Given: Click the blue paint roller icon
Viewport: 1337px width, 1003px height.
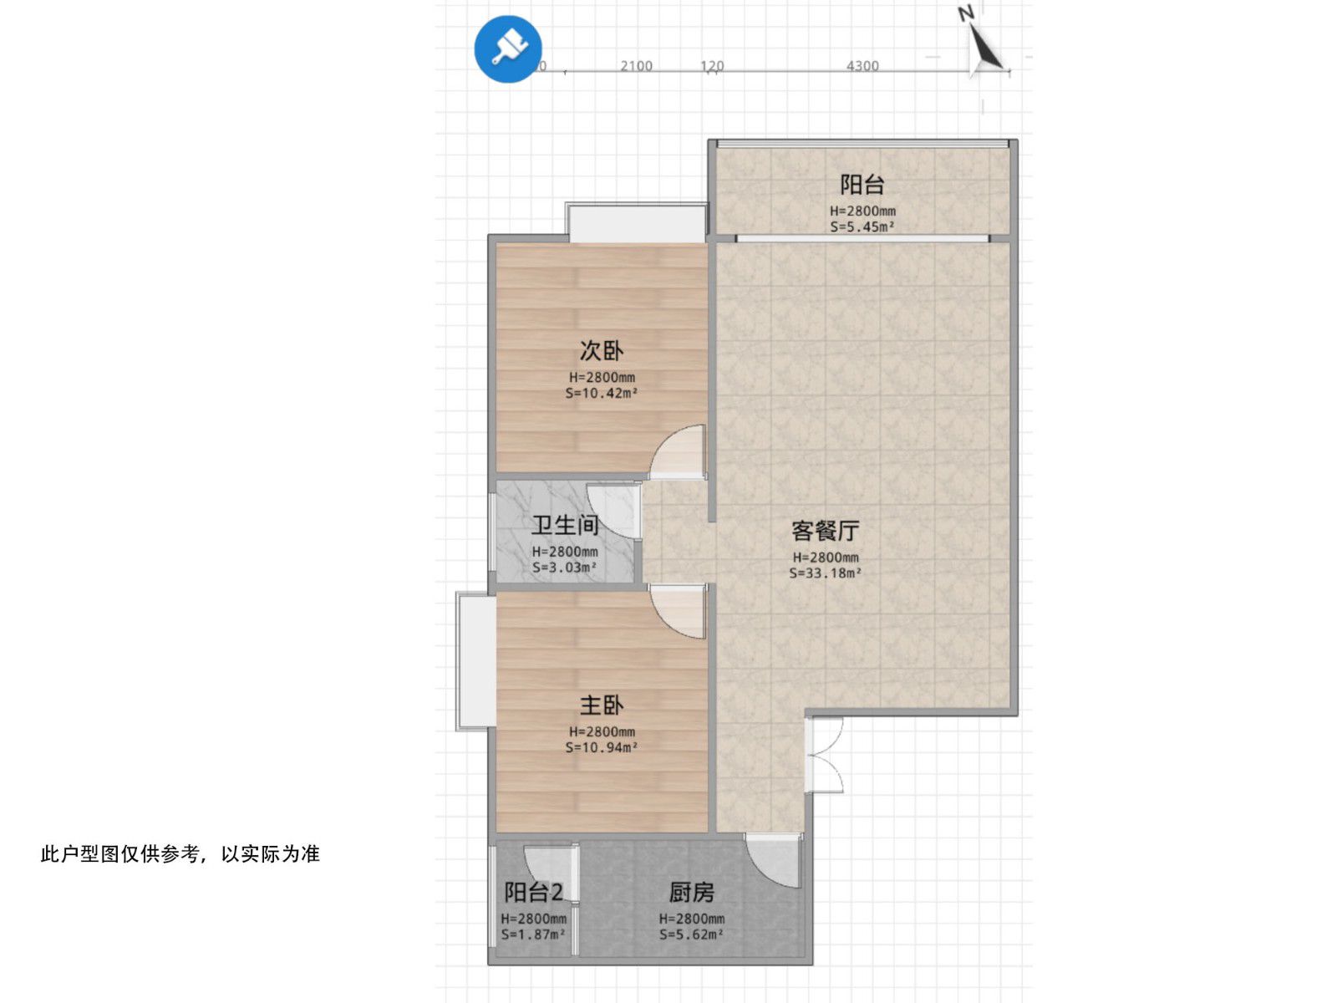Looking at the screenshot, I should click(x=507, y=48).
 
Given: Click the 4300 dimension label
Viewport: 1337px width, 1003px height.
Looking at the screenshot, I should click(x=862, y=66).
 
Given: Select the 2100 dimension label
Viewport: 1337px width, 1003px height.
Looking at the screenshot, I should click(x=636, y=66).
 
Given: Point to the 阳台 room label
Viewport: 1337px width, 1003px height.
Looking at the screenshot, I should click(x=862, y=184).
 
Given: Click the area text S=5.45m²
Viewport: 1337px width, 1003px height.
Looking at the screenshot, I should click(x=862, y=227).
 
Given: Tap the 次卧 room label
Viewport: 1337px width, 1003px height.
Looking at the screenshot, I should click(x=602, y=350).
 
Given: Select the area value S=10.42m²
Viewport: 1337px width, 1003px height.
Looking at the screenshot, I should click(x=602, y=393).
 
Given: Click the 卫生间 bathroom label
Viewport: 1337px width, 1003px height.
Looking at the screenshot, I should click(x=565, y=525).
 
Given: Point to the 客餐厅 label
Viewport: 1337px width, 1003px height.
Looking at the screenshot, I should click(x=825, y=530).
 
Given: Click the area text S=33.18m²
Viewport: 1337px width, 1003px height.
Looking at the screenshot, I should click(x=825, y=573).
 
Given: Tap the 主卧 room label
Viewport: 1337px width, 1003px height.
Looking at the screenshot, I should click(x=602, y=705).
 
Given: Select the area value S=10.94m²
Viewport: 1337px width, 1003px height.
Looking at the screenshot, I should click(x=602, y=747).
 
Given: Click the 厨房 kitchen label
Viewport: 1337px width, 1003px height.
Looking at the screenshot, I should click(x=691, y=892).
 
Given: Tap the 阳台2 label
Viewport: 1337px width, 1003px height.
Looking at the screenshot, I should click(x=533, y=892).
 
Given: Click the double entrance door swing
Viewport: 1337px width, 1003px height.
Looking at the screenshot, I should click(x=826, y=756).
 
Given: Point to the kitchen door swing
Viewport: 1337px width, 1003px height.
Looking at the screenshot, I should click(x=774, y=859).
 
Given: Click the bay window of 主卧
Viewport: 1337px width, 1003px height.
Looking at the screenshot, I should click(x=475, y=660).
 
